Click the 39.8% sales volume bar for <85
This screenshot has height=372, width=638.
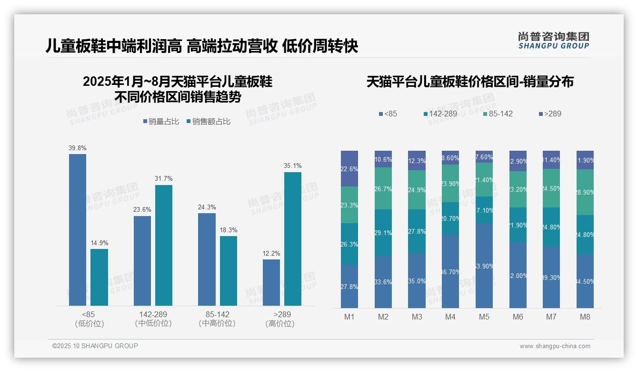(x=78, y=229)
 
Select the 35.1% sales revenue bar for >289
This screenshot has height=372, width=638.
(x=293, y=238)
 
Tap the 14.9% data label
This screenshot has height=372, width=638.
(x=99, y=243)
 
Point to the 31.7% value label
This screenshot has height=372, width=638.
(x=163, y=178)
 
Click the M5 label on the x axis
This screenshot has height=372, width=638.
(x=484, y=317)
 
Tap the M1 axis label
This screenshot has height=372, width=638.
(x=349, y=317)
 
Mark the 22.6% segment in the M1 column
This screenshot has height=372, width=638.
(x=349, y=168)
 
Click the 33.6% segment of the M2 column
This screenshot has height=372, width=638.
(x=383, y=281)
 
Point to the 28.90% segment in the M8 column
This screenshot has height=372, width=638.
(x=585, y=192)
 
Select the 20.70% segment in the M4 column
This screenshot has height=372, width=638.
(x=450, y=218)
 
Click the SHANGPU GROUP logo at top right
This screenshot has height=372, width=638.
(x=554, y=41)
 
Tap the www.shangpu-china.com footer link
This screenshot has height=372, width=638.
(x=555, y=346)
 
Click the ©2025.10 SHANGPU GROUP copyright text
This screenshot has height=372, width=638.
(x=95, y=346)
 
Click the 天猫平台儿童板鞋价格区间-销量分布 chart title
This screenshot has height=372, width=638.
(x=470, y=82)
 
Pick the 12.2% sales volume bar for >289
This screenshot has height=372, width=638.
(x=271, y=282)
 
